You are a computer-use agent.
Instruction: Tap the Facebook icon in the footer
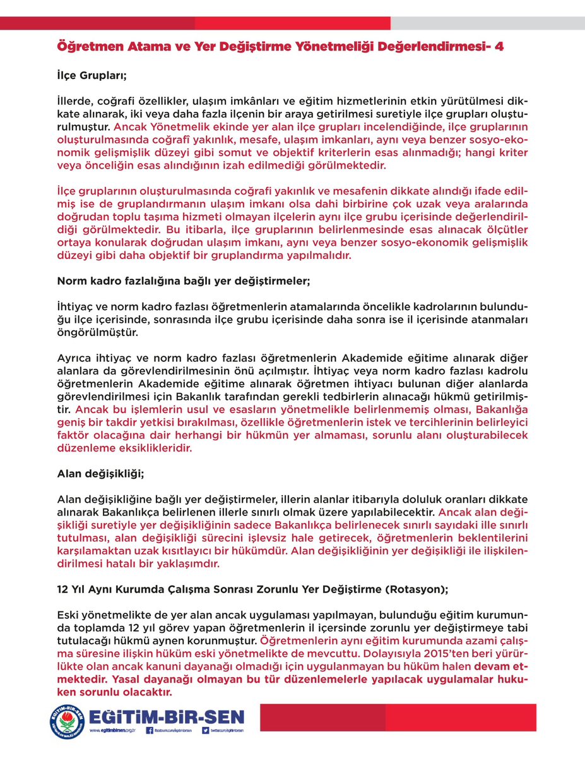[150, 731]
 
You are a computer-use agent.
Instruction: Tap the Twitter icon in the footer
[206, 731]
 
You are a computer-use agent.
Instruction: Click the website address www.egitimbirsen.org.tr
[114, 731]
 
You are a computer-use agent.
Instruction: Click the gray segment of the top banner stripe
[487, 23]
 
